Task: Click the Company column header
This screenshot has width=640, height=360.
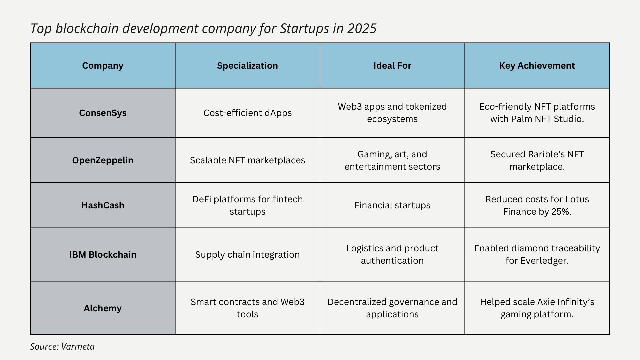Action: tap(103, 66)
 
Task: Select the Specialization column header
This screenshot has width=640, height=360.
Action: tap(247, 66)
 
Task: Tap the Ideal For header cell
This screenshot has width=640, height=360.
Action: tap(392, 66)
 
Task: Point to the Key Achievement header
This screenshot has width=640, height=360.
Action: tap(537, 66)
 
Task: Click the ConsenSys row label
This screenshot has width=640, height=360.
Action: tap(103, 113)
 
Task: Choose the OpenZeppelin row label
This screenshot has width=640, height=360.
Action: tap(103, 160)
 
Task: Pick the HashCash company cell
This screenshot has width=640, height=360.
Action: tap(103, 205)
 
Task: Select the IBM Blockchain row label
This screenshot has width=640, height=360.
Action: tap(103, 255)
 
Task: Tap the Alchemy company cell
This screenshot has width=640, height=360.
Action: tap(103, 308)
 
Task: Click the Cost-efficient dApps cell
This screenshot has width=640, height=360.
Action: tap(247, 113)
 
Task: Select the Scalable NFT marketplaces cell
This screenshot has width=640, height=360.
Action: tap(247, 160)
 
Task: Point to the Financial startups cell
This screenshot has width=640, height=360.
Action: tap(392, 205)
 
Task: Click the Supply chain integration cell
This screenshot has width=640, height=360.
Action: tap(247, 255)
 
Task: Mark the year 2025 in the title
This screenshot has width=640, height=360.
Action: tap(362, 29)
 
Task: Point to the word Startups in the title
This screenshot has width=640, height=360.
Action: tap(304, 29)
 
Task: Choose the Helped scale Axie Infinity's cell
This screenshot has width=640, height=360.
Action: tap(537, 308)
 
